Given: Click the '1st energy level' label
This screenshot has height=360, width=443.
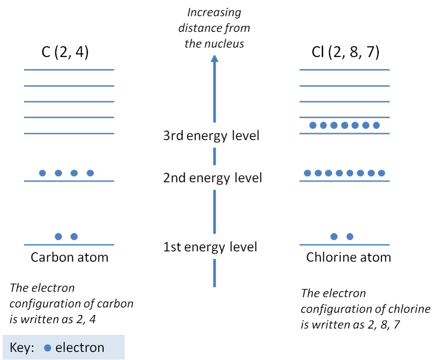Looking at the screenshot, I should point(210,247).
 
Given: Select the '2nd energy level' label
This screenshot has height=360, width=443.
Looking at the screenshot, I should point(213,178).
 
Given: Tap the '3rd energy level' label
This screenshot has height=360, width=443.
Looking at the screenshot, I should point(212,135).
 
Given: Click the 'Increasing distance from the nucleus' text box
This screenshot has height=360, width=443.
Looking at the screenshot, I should point(214,28).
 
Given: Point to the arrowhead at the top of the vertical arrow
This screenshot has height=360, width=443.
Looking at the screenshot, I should point(214,59).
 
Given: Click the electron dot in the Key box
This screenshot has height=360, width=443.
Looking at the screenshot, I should point(48,348).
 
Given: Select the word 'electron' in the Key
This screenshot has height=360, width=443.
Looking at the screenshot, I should point(80,348).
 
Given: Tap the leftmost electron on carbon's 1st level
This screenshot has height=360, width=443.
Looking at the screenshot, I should point(58,237).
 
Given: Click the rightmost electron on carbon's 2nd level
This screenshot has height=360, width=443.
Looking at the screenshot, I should point(90,173).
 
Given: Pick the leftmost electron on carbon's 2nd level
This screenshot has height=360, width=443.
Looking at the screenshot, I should point(42,173).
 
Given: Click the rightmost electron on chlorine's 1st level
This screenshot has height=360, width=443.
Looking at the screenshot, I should point(350,237).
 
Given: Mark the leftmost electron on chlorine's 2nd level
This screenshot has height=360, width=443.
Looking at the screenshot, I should point(308,173).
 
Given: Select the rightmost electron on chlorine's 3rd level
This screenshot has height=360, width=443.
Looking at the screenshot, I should point(377,125).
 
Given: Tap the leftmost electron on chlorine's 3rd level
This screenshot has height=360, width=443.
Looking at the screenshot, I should point(313,125).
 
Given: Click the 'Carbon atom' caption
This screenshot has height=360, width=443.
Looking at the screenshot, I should point(69,258).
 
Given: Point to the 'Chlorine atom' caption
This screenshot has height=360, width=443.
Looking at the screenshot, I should point(348,258).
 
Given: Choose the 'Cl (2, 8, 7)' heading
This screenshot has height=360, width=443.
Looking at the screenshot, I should point(346,53).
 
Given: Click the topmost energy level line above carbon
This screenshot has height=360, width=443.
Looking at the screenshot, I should point(69,70).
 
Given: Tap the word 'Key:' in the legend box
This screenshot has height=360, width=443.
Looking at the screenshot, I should point(22,348).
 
